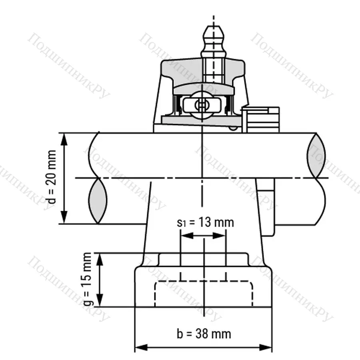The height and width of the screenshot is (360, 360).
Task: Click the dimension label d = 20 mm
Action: click(52, 178)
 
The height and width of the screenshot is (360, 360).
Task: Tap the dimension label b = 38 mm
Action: click(204, 333)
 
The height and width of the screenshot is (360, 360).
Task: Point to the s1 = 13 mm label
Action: click(205, 222)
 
